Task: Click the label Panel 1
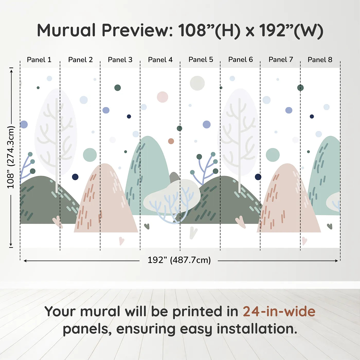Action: coord(39,60)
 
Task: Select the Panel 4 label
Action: coord(160,60)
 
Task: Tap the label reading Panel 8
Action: coord(320,60)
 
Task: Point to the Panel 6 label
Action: coord(241,60)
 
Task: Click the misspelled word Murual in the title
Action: coord(66,30)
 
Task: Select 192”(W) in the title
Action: coord(291,31)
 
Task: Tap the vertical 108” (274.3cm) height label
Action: coord(11,157)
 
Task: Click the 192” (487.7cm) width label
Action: coord(179,260)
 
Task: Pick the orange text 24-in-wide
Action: coord(279,311)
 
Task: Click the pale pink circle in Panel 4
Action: coord(162,97)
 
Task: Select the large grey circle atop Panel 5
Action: coord(197,83)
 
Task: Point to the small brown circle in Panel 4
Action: coord(171,141)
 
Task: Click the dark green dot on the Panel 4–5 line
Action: coord(179,128)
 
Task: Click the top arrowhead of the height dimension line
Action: coord(11,71)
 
